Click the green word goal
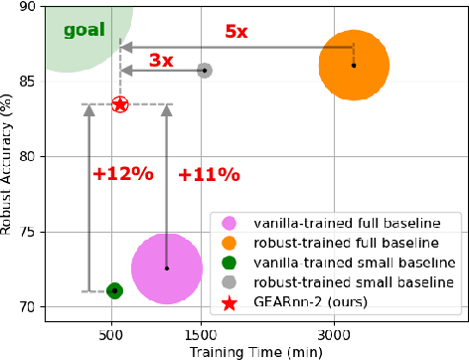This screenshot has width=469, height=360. (x=83, y=31)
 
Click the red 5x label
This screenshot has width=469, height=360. (x=236, y=31)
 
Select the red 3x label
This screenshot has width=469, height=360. (x=161, y=61)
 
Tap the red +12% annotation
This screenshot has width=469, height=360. (x=122, y=174)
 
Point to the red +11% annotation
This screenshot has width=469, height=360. (x=209, y=175)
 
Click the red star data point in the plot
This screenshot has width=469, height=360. (x=120, y=103)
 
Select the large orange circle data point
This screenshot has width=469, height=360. (x=354, y=66)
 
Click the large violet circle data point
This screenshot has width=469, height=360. (x=167, y=269)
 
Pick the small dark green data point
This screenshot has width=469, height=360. (x=114, y=290)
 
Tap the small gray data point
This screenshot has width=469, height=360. (x=204, y=71)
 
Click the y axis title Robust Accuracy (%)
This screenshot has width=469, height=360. (x=9, y=159)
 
